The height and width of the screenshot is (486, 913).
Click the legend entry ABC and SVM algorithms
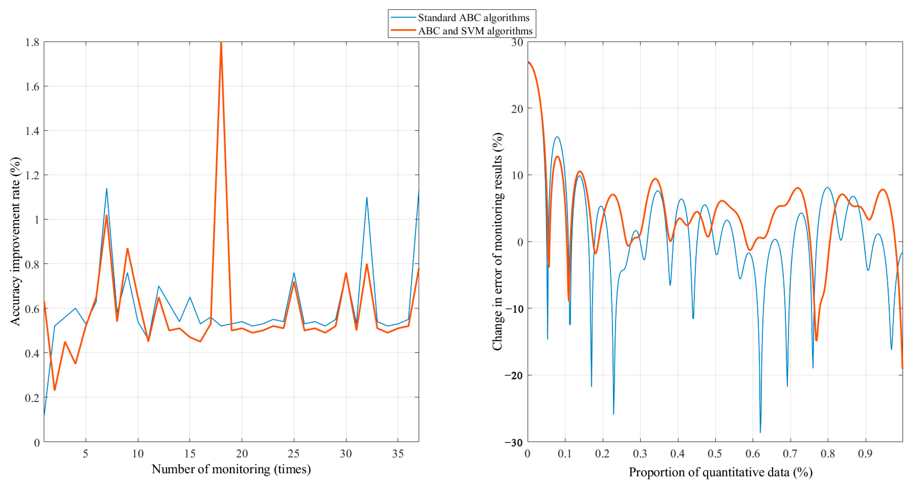(475, 31)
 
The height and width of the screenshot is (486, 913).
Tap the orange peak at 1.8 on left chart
(221, 43)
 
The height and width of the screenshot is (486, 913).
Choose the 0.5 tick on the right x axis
(715, 454)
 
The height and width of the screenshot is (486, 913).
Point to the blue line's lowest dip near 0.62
(760, 432)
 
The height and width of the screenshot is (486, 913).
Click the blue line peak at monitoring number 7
(107, 189)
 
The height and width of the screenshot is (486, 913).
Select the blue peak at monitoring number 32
(367, 198)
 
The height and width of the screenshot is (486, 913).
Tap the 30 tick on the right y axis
(517, 43)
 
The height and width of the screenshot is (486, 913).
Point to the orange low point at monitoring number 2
(55, 390)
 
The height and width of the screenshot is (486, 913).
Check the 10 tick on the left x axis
(138, 454)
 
